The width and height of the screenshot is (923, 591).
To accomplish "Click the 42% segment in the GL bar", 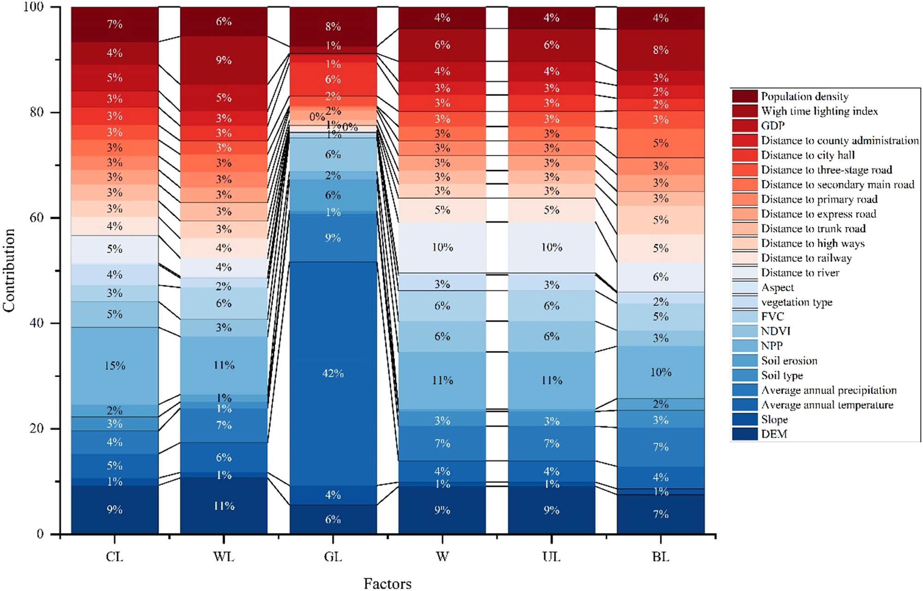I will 333,373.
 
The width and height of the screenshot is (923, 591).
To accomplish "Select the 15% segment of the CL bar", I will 114,366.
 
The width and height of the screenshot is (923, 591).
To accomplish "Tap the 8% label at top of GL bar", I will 333,26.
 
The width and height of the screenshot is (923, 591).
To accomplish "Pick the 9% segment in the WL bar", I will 224,60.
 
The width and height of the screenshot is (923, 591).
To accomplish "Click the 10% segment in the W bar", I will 442,247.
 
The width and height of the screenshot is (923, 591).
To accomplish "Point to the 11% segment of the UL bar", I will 551,380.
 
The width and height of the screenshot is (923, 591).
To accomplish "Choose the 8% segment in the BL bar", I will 660,50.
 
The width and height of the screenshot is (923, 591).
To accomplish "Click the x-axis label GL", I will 333,557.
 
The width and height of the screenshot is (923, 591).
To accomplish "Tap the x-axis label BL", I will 660,557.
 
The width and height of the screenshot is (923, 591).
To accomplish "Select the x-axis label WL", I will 224,557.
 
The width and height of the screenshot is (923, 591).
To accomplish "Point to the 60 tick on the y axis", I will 37,218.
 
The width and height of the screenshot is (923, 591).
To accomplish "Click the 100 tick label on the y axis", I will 33,7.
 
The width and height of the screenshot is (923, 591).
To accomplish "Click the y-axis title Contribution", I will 9,270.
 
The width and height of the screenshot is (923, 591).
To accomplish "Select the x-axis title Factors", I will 387,583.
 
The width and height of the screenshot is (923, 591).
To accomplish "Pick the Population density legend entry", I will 804,96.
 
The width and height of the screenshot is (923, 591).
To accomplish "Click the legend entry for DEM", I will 774,434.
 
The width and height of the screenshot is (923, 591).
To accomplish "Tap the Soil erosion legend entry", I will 789,361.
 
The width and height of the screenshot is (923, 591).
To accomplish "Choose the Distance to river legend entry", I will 800,272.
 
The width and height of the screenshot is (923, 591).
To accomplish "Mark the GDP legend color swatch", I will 744,125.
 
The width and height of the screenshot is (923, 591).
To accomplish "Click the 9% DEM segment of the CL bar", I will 114,509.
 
